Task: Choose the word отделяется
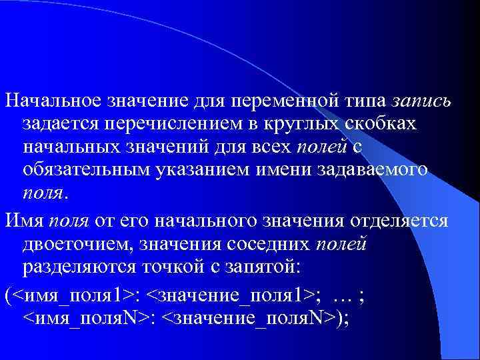tap(408, 221)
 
